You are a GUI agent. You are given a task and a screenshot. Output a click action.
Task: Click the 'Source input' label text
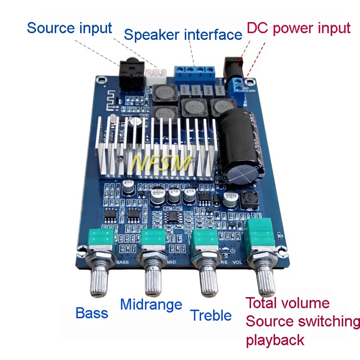point(69,28)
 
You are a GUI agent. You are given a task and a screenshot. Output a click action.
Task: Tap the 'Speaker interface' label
point(183,35)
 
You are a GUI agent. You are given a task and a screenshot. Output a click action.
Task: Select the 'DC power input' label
point(298,28)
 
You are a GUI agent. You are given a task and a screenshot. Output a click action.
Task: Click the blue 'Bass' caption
point(92,313)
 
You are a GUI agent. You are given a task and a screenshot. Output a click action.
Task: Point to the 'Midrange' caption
point(151,305)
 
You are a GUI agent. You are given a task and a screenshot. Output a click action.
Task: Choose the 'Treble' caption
point(211,315)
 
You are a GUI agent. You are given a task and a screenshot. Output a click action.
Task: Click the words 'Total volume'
point(288,303)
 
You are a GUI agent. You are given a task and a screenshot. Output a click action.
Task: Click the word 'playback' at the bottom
point(275,339)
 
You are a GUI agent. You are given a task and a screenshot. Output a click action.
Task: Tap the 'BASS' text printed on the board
point(122,261)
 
